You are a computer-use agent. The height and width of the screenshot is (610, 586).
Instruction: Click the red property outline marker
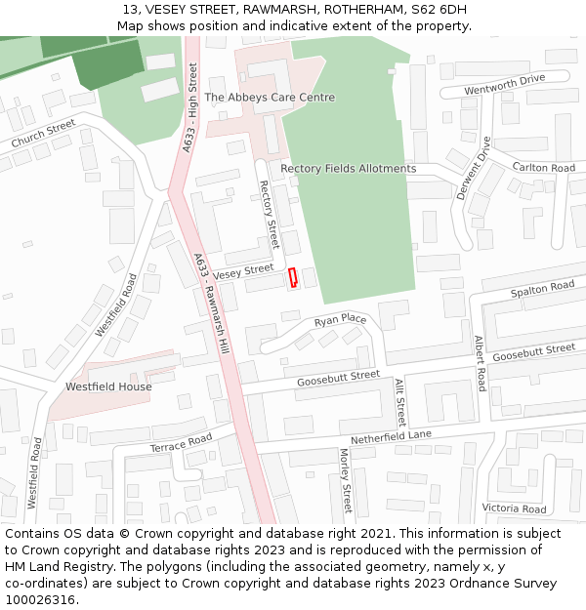292,278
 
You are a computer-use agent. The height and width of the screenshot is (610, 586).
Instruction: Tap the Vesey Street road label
243,271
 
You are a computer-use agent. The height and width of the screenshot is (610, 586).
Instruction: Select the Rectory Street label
269,214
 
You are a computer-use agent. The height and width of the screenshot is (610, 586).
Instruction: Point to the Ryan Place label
340,320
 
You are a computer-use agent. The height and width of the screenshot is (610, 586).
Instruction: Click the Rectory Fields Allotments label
348,169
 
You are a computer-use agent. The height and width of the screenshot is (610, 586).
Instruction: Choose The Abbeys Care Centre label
269,98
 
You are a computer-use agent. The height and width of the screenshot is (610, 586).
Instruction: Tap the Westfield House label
108,386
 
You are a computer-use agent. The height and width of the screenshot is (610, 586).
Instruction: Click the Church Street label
43,135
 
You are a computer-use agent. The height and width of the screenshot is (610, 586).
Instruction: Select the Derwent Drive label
475,168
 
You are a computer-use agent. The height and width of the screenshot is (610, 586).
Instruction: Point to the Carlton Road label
544,168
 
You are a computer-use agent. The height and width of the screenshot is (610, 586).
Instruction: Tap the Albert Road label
480,364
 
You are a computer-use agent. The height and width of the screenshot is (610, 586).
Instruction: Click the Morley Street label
345,480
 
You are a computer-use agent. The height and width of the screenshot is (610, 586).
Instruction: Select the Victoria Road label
514,508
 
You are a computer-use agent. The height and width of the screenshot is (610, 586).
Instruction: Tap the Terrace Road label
181,443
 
